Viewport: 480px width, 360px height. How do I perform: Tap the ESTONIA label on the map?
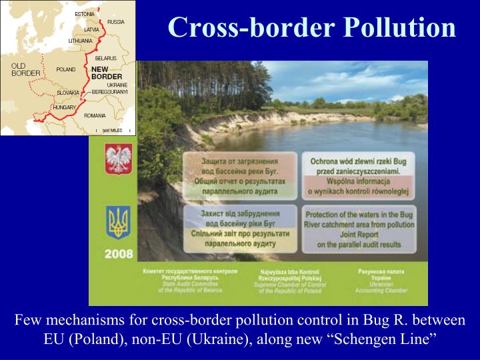click(x=85, y=13)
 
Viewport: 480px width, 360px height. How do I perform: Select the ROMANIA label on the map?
click(x=95, y=115)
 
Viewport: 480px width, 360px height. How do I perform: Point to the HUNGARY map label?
click(x=65, y=107)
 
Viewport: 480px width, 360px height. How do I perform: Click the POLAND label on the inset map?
click(x=66, y=69)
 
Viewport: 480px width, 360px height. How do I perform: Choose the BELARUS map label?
click(x=105, y=58)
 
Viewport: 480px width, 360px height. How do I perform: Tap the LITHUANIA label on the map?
click(x=81, y=41)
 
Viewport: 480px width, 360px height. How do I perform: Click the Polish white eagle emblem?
click(x=119, y=159)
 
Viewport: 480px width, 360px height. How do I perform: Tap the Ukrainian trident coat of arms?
click(x=119, y=221)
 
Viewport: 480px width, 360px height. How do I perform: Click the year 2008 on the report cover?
click(x=119, y=254)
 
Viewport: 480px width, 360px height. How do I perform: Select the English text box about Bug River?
click(x=359, y=229)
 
